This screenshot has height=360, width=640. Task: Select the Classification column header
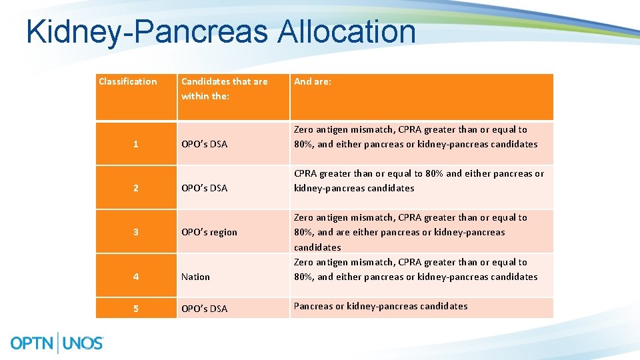[x=128, y=81]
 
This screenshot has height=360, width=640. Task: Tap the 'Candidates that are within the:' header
[x=224, y=89]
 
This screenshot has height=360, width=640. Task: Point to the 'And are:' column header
[x=313, y=81]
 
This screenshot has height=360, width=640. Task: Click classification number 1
[x=136, y=144]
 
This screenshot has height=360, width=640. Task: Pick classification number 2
[x=136, y=188]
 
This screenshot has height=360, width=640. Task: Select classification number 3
[x=136, y=232]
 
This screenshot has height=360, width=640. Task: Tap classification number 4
[x=136, y=277]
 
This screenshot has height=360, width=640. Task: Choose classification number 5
[x=136, y=308]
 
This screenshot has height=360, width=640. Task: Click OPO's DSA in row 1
[x=204, y=144]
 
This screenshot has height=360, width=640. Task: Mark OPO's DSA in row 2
[x=204, y=188]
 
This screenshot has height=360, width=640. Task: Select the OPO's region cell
[x=209, y=232]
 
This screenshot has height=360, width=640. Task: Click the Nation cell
[x=195, y=277]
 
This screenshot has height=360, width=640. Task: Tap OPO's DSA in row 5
[x=204, y=308]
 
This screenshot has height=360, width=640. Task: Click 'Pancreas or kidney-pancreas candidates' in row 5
[x=381, y=306]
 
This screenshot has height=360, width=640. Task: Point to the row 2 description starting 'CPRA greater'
[x=419, y=181]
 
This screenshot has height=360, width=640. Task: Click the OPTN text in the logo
[x=33, y=343]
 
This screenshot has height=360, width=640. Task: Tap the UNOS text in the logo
[x=83, y=343]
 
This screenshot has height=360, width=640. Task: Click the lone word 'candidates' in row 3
[x=317, y=247]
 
